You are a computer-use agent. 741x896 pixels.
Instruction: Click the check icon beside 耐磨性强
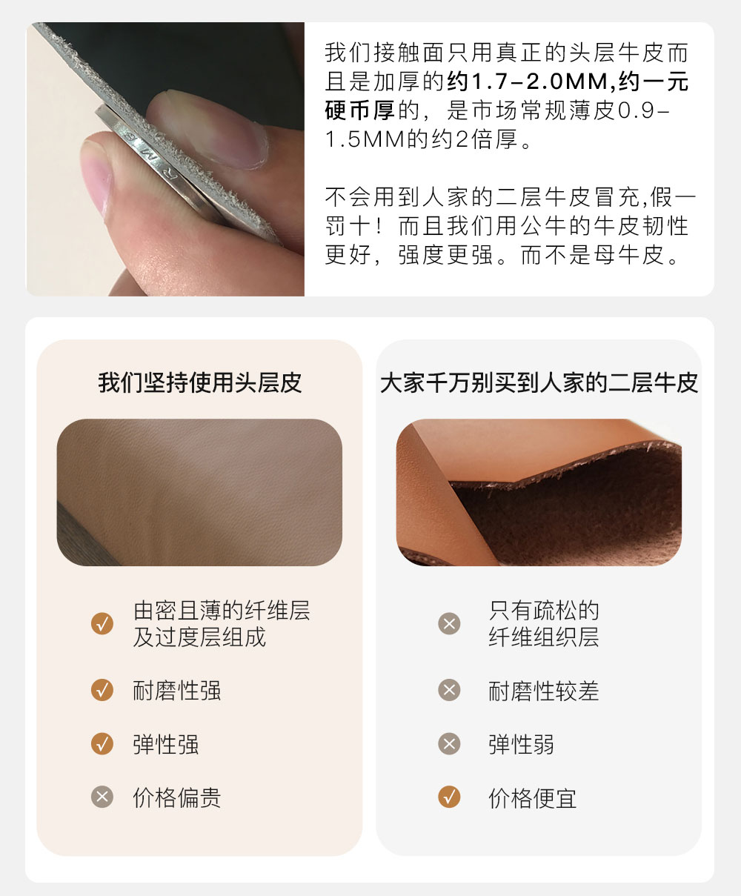pyautogui.click(x=102, y=690)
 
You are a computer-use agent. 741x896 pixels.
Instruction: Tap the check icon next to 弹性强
pyautogui.click(x=102, y=743)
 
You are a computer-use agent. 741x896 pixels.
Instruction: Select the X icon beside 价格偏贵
pyautogui.click(x=102, y=797)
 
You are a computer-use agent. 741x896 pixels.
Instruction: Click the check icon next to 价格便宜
pyautogui.click(x=449, y=797)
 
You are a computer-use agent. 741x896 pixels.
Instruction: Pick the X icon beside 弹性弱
pyautogui.click(x=449, y=743)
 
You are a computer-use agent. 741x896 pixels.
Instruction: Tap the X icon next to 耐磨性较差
pyautogui.click(x=449, y=690)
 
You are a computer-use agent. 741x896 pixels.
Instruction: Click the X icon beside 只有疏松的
pyautogui.click(x=449, y=623)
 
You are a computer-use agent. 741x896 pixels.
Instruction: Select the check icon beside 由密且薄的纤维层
pyautogui.click(x=102, y=623)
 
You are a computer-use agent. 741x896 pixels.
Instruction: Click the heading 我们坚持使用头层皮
pyautogui.click(x=200, y=382)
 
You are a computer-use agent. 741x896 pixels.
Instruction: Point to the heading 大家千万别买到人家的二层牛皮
pyautogui.click(x=539, y=382)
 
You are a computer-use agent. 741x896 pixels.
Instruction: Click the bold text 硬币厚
pyautogui.click(x=359, y=110)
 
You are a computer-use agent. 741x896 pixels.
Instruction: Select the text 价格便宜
pyautogui.click(x=533, y=797)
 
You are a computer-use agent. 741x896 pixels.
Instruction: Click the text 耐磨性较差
pyautogui.click(x=544, y=691)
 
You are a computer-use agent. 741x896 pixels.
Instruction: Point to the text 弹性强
pyautogui.click(x=166, y=745)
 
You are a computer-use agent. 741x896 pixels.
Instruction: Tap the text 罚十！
pyautogui.click(x=354, y=226)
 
